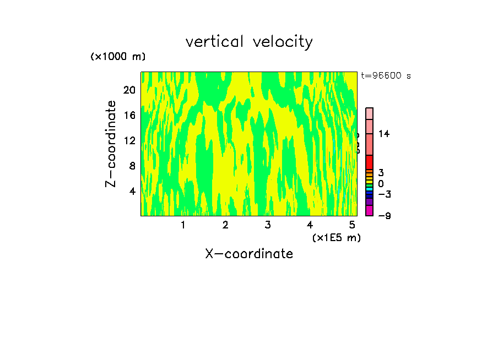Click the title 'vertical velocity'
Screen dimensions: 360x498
(x=249, y=42)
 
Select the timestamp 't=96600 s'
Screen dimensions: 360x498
(x=386, y=76)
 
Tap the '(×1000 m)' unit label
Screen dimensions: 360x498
(x=118, y=57)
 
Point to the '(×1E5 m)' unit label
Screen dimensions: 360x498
(x=336, y=237)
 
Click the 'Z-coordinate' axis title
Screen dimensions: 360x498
(x=111, y=144)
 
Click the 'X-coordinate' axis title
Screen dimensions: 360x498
(x=249, y=254)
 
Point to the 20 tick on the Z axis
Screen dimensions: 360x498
(x=129, y=90)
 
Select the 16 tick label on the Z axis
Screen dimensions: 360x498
(x=129, y=115)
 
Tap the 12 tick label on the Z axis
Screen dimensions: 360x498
(x=129, y=140)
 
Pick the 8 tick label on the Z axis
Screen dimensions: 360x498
(x=132, y=166)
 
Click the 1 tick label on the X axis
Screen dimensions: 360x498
(x=183, y=225)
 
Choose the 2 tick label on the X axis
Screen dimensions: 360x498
(x=225, y=225)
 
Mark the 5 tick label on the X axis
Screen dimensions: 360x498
(x=352, y=225)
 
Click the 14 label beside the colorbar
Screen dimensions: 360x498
(x=384, y=134)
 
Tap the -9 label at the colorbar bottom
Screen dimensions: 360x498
(x=384, y=216)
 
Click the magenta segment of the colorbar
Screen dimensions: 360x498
(x=369, y=210)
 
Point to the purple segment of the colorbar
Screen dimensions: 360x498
(x=369, y=202)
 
